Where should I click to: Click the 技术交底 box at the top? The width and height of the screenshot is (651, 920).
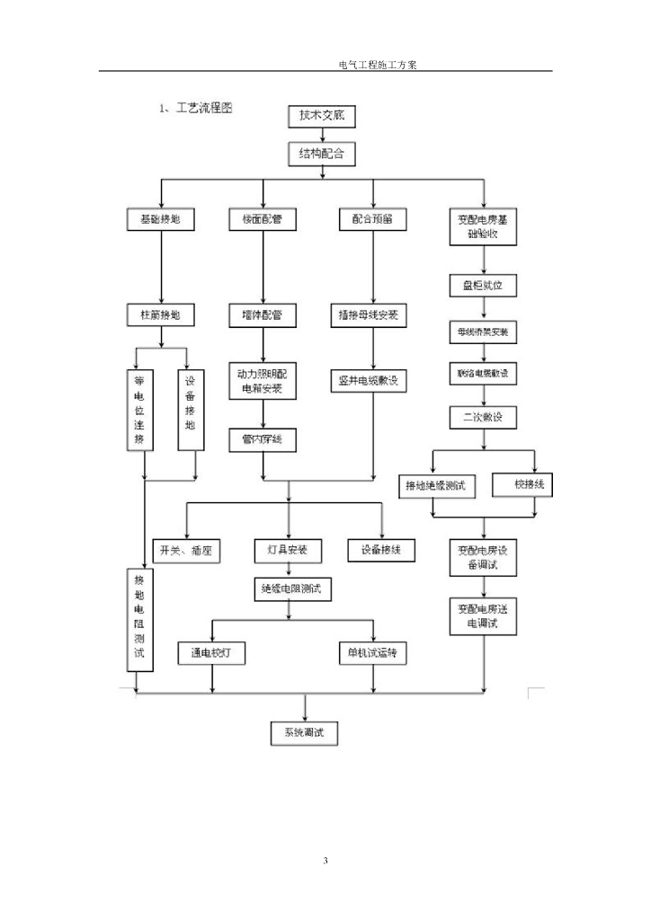coord(321,116)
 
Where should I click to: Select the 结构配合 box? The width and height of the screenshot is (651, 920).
coord(321,155)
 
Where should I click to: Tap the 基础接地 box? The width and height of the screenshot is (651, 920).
coord(160,218)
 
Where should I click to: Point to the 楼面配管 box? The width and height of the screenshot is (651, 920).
coord(262,218)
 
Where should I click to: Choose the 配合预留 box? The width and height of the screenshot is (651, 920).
coord(371,218)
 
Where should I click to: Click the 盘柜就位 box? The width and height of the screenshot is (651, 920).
coord(483,286)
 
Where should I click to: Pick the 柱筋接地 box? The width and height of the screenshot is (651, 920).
coord(160,315)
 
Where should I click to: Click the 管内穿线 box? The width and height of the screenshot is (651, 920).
coord(262,438)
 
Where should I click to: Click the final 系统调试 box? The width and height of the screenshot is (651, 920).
coord(305,732)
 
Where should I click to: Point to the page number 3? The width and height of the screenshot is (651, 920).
coord(325,862)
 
